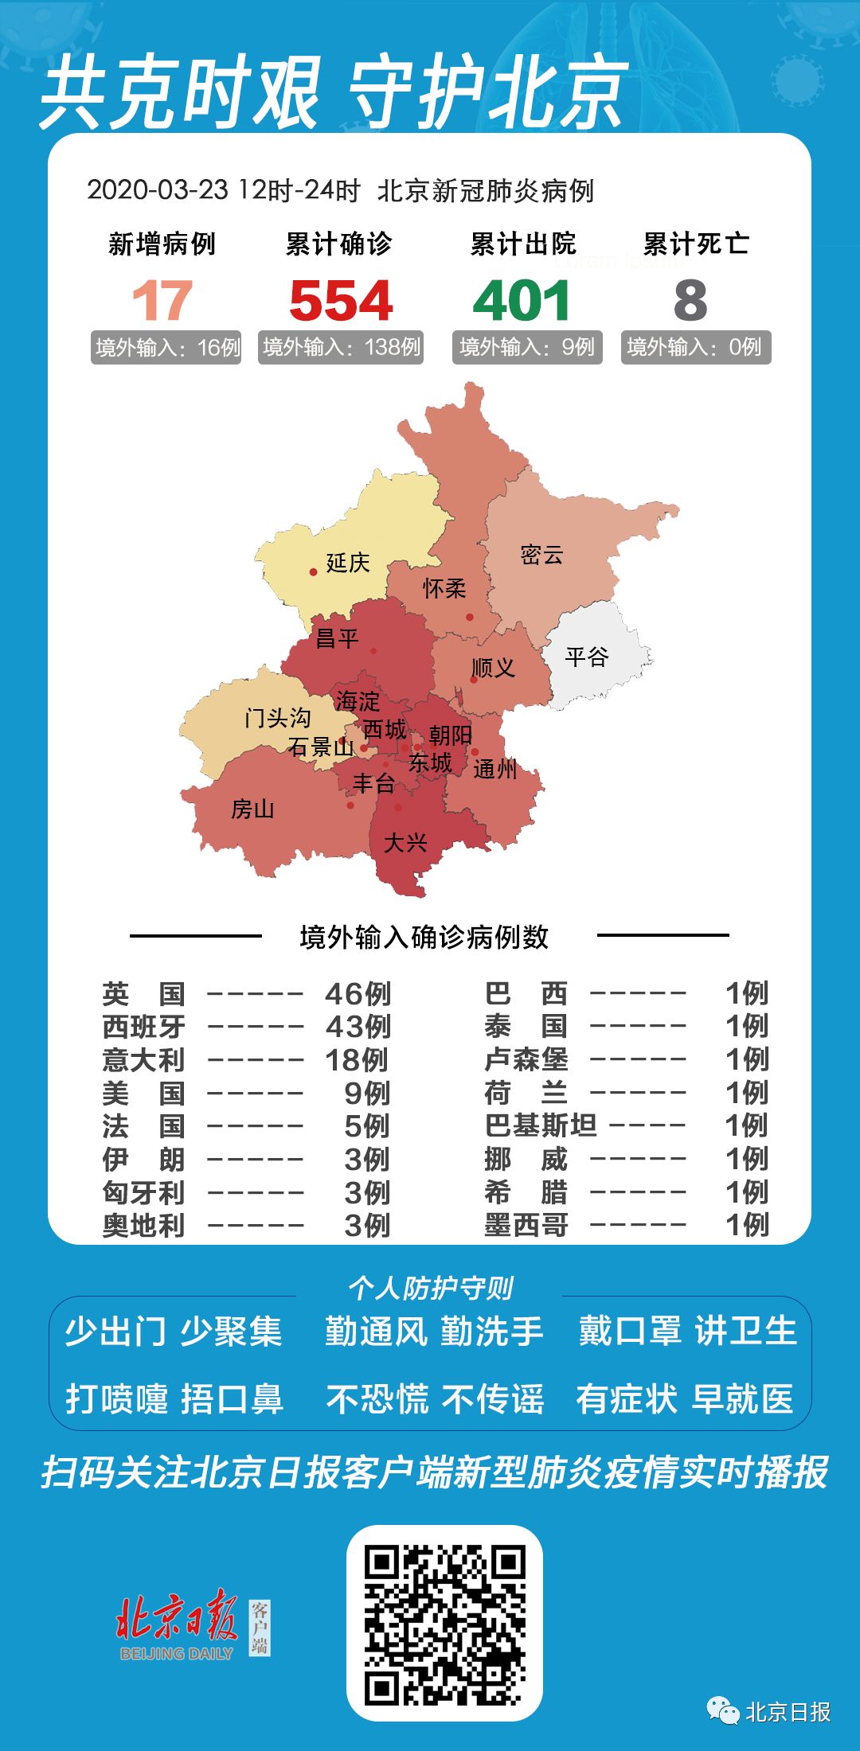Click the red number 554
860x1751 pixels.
click(x=341, y=301)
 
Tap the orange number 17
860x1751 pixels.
click(x=162, y=301)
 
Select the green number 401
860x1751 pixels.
click(x=522, y=301)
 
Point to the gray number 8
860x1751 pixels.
click(x=690, y=301)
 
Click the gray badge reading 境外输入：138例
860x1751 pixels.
click(x=341, y=347)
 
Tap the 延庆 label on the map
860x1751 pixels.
click(x=348, y=563)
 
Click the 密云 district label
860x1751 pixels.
click(x=541, y=555)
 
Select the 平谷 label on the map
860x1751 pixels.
click(x=587, y=657)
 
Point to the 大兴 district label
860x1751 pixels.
click(x=405, y=842)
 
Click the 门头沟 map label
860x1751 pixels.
click(x=277, y=718)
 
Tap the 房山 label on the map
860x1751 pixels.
click(x=252, y=809)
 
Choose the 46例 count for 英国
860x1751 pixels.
click(x=358, y=993)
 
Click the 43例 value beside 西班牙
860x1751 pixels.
click(x=358, y=1027)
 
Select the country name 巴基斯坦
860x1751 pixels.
click(x=541, y=1125)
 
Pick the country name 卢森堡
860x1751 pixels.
click(x=526, y=1059)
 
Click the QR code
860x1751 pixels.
click(x=444, y=1624)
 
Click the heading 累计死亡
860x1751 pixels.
click(x=696, y=244)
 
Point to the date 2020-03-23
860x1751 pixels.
click(x=158, y=190)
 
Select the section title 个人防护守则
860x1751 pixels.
click(x=430, y=1288)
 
